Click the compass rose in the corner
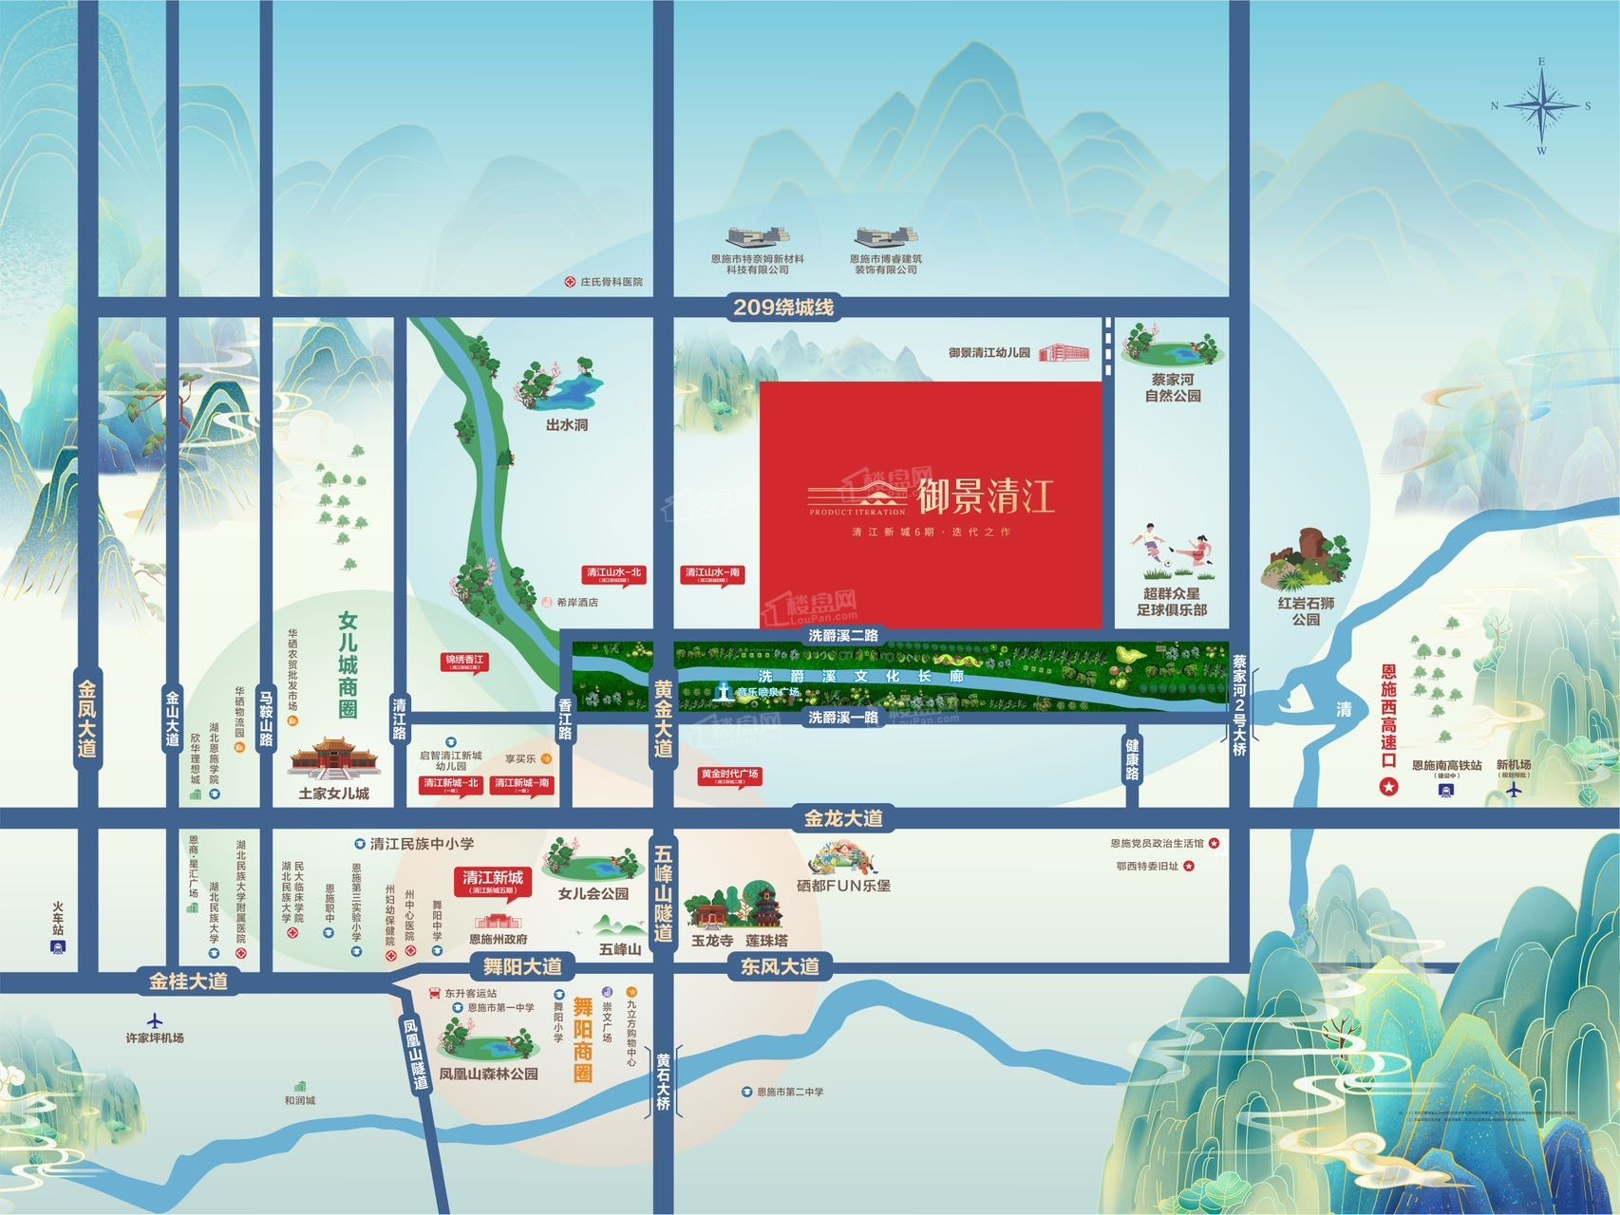1541,105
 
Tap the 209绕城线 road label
783,308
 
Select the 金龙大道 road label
844,818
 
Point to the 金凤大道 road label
87,718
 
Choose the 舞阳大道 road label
522,966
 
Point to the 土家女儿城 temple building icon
333,758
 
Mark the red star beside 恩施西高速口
1389,786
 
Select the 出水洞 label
567,424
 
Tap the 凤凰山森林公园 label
488,1074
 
